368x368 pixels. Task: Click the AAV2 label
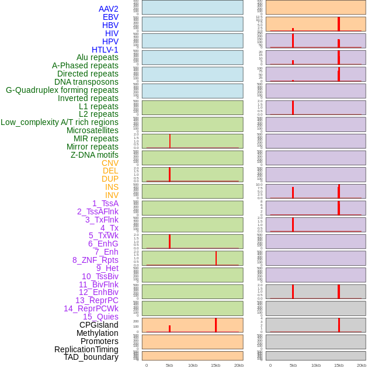click(x=108, y=9)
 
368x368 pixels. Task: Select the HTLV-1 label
click(x=105, y=50)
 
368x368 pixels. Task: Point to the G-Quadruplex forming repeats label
click(x=62, y=90)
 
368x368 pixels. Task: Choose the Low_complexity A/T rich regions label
click(x=60, y=122)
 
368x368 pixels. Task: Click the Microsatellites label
click(x=92, y=130)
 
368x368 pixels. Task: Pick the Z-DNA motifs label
click(x=95, y=155)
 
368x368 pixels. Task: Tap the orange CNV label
click(x=110, y=163)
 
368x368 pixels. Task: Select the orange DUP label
click(x=110, y=179)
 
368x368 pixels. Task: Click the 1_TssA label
click(x=105, y=203)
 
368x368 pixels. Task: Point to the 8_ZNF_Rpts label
click(x=95, y=260)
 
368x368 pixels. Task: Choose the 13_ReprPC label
click(x=96, y=300)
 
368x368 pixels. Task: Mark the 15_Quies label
click(x=100, y=317)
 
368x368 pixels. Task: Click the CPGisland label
click(x=99, y=325)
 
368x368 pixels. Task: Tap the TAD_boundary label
click(x=91, y=357)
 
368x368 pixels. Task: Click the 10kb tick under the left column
click(x=193, y=365)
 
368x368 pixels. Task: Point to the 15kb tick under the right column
click(x=339, y=365)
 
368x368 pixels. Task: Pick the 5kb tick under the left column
click(x=169, y=365)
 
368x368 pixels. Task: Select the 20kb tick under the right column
click(x=362, y=365)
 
